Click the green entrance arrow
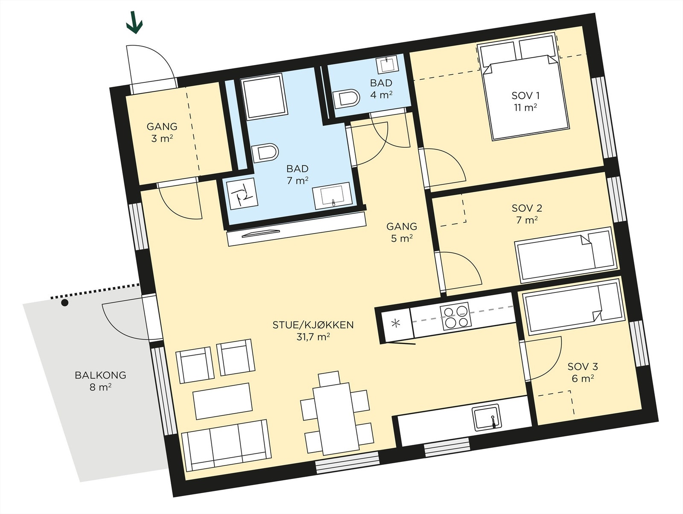click(x=134, y=22)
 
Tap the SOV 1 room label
click(x=525, y=96)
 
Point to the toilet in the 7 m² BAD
click(x=265, y=153)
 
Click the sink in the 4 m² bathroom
click(x=388, y=64)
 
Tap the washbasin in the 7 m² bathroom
click(x=333, y=196)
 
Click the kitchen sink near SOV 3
click(x=487, y=418)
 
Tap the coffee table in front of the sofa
click(x=222, y=401)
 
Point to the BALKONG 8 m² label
click(x=100, y=381)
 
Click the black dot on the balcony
click(x=64, y=302)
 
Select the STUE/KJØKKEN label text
click(x=313, y=325)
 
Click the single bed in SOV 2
click(x=566, y=255)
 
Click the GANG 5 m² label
click(x=402, y=232)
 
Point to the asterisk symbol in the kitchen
click(x=395, y=324)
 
